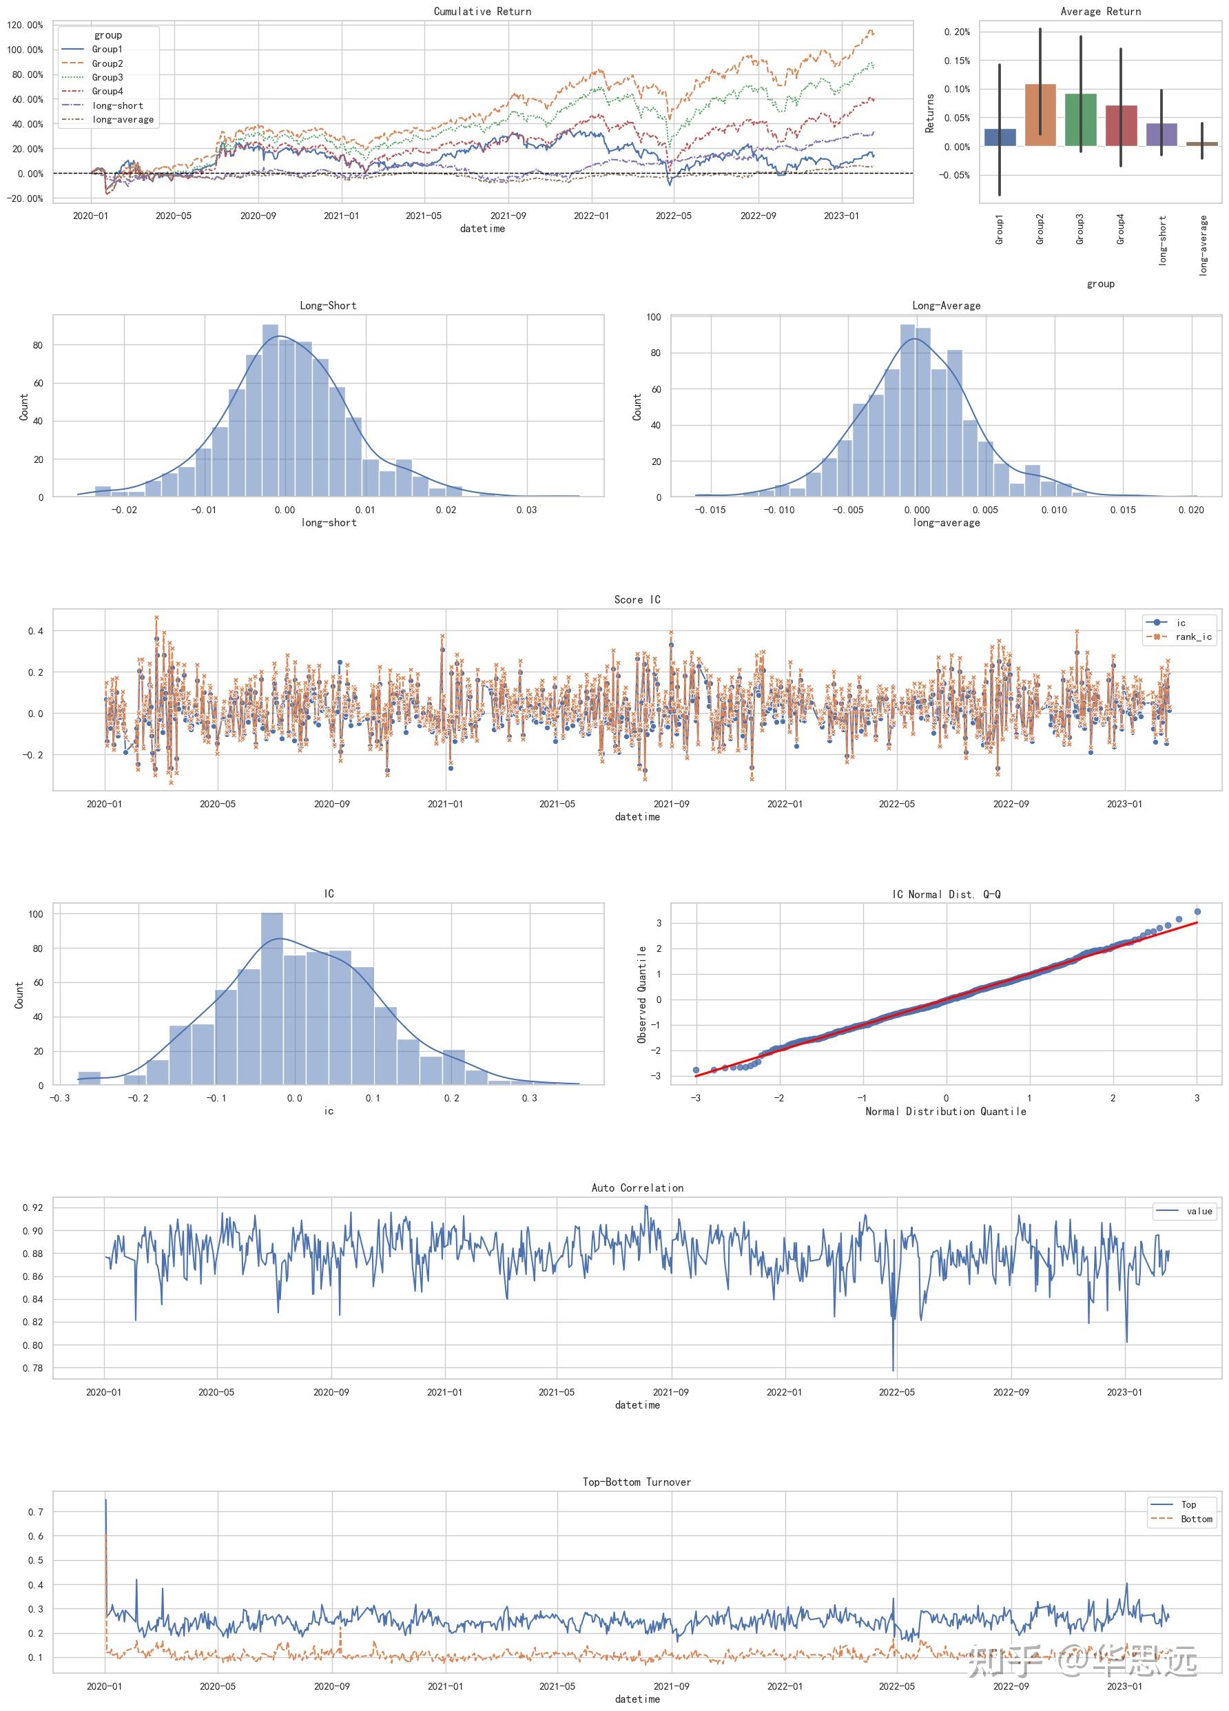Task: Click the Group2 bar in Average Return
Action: coord(1040,114)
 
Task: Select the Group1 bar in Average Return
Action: coord(1000,137)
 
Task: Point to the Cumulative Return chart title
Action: coord(482,11)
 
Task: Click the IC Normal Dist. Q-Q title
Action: coord(946,894)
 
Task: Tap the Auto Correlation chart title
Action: coord(637,1188)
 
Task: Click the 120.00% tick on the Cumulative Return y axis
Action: coord(25,25)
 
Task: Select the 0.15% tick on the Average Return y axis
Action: coord(957,61)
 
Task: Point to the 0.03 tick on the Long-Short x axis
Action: coord(526,510)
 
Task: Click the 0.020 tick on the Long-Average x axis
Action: coord(1191,510)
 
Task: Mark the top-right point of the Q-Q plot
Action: coord(1197,911)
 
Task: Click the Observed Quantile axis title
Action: coord(642,995)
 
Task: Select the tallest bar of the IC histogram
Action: coord(271,999)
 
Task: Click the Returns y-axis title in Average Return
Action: coord(929,113)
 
